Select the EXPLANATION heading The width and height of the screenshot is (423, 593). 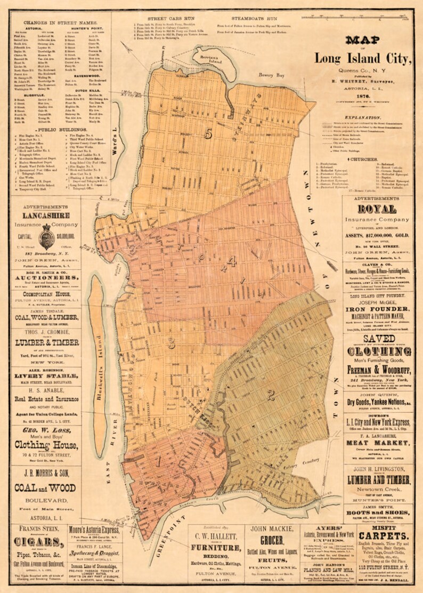pos(362,117)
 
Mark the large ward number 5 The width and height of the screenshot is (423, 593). pos(208,134)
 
